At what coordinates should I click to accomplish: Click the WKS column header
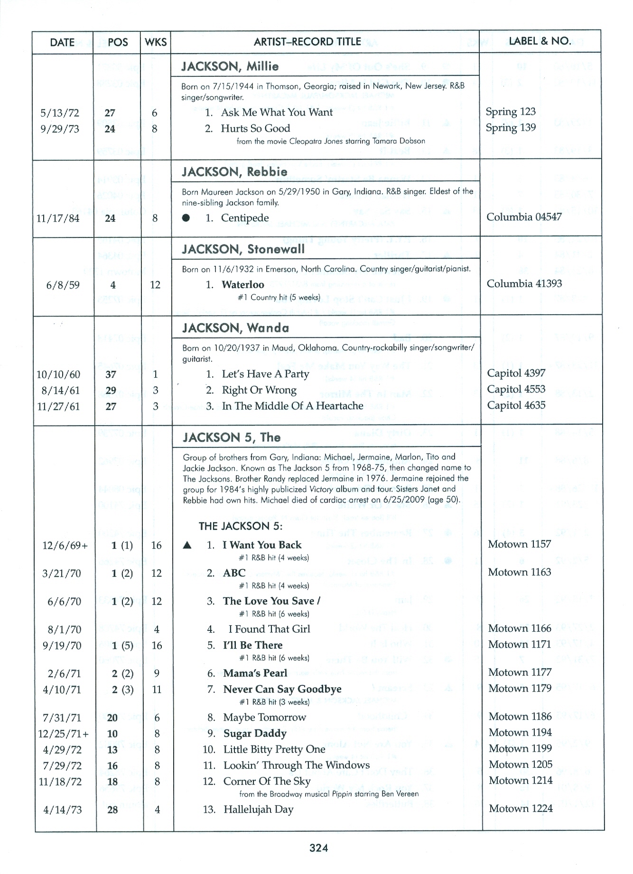156,42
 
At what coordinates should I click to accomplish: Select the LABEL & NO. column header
540,41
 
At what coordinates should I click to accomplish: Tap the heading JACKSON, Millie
230,66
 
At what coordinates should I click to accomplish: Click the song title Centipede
245,218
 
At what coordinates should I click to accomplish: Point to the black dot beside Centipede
186,218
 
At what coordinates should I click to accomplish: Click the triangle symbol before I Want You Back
187,546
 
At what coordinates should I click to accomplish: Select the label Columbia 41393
524,283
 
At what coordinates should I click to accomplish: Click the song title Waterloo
242,285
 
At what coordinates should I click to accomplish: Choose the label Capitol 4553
516,389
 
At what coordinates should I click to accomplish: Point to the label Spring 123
511,112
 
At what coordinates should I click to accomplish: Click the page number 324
318,848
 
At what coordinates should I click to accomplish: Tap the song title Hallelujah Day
258,809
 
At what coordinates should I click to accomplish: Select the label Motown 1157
519,544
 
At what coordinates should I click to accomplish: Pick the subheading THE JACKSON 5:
241,526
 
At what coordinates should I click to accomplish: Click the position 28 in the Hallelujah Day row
112,810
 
